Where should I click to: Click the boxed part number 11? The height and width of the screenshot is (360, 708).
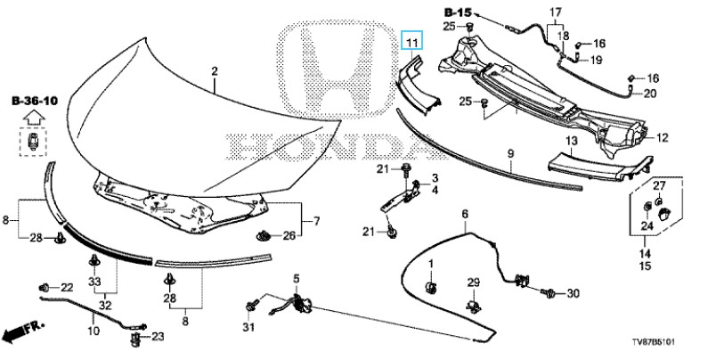pyautogui.click(x=411, y=42)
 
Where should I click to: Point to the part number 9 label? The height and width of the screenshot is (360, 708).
pyautogui.click(x=510, y=154)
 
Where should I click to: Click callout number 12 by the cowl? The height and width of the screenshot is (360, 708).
pyautogui.click(x=663, y=137)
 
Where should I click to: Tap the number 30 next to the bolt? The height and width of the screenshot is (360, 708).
pyautogui.click(x=573, y=293)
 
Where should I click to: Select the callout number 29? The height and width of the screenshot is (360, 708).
pyautogui.click(x=473, y=283)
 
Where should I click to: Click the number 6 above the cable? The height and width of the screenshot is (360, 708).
pyautogui.click(x=464, y=214)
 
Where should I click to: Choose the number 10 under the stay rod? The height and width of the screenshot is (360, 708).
pyautogui.click(x=94, y=331)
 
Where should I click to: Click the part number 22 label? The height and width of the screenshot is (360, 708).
pyautogui.click(x=67, y=287)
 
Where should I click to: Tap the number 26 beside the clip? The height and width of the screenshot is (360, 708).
pyautogui.click(x=289, y=236)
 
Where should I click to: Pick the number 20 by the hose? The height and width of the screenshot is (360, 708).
pyautogui.click(x=650, y=94)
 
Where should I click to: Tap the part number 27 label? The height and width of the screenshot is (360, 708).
pyautogui.click(x=659, y=185)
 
